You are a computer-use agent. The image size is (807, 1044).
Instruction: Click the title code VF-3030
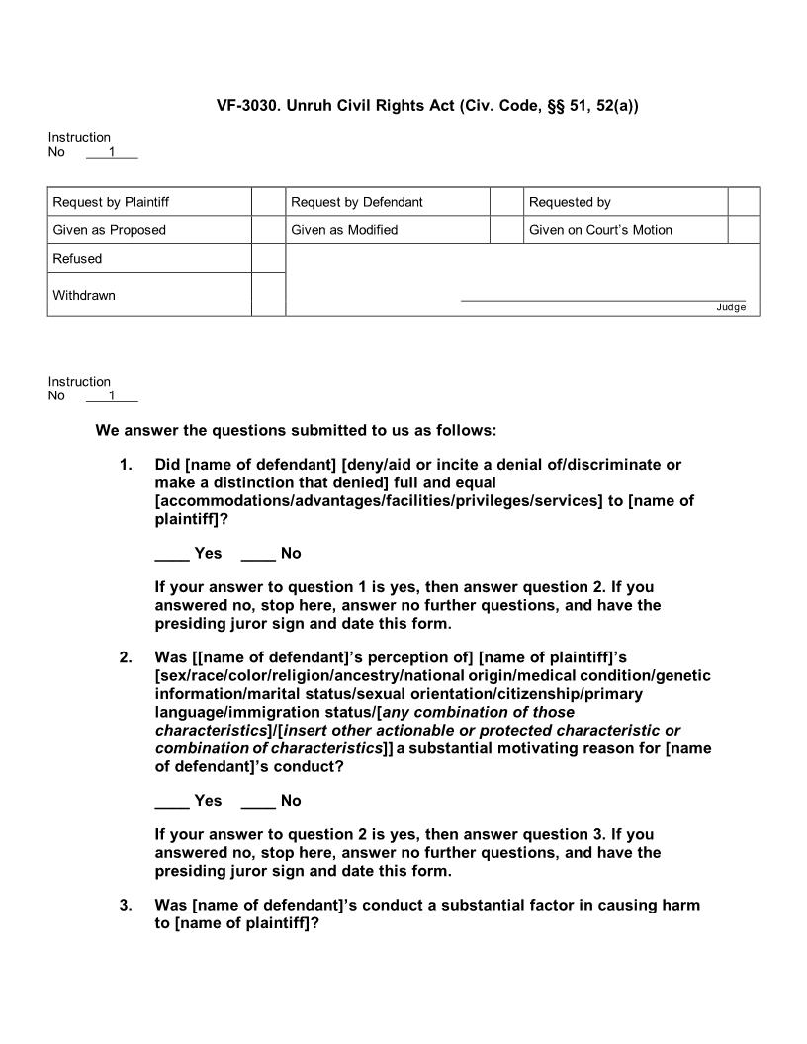coord(247,104)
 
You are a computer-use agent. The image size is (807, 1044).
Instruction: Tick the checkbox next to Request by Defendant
coord(505,202)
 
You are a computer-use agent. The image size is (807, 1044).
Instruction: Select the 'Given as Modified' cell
coord(344,230)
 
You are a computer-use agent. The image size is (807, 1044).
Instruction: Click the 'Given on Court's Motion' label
coord(600,230)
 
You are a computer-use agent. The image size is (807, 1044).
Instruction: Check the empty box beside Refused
coord(268,259)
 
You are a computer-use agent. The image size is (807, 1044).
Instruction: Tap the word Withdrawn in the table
coord(84,295)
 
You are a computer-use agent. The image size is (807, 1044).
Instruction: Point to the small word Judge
coord(731,307)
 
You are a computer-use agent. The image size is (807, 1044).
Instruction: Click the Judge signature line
coord(603,299)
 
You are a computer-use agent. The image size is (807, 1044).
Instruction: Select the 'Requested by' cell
coord(570,202)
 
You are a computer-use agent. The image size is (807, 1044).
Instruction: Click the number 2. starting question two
coord(126,657)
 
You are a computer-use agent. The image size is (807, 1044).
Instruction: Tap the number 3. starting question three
coord(126,905)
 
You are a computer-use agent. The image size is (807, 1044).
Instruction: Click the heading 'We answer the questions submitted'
coord(296,431)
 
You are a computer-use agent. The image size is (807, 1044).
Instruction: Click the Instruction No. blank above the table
coord(112,153)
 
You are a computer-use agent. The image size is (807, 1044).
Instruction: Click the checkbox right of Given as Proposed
coord(268,230)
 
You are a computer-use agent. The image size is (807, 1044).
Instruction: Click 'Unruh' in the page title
coord(310,104)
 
